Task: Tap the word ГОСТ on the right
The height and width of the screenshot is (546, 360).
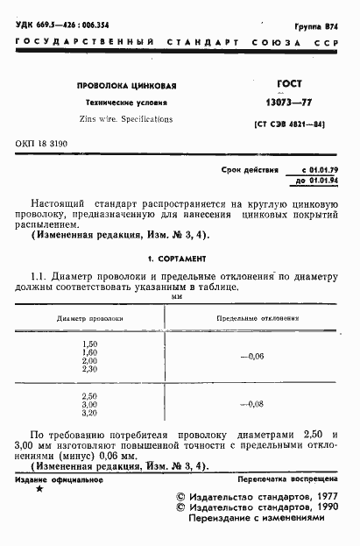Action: pyautogui.click(x=288, y=84)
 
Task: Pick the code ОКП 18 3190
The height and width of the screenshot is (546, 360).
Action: pyautogui.click(x=40, y=143)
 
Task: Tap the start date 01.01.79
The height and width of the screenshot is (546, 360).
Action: pyautogui.click(x=319, y=169)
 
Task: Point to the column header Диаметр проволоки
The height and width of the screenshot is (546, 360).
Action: pyautogui.click(x=89, y=320)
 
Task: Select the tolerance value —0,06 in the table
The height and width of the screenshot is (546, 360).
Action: pyautogui.click(x=251, y=357)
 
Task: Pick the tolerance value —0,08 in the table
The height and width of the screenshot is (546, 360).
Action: pyautogui.click(x=251, y=403)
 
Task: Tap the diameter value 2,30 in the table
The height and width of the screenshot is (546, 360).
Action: pyautogui.click(x=89, y=370)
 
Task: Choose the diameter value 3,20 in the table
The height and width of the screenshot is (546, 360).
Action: pyautogui.click(x=89, y=412)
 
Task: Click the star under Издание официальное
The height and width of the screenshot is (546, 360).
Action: pyautogui.click(x=39, y=488)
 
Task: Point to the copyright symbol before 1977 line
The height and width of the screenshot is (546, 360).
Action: pyautogui.click(x=181, y=496)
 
